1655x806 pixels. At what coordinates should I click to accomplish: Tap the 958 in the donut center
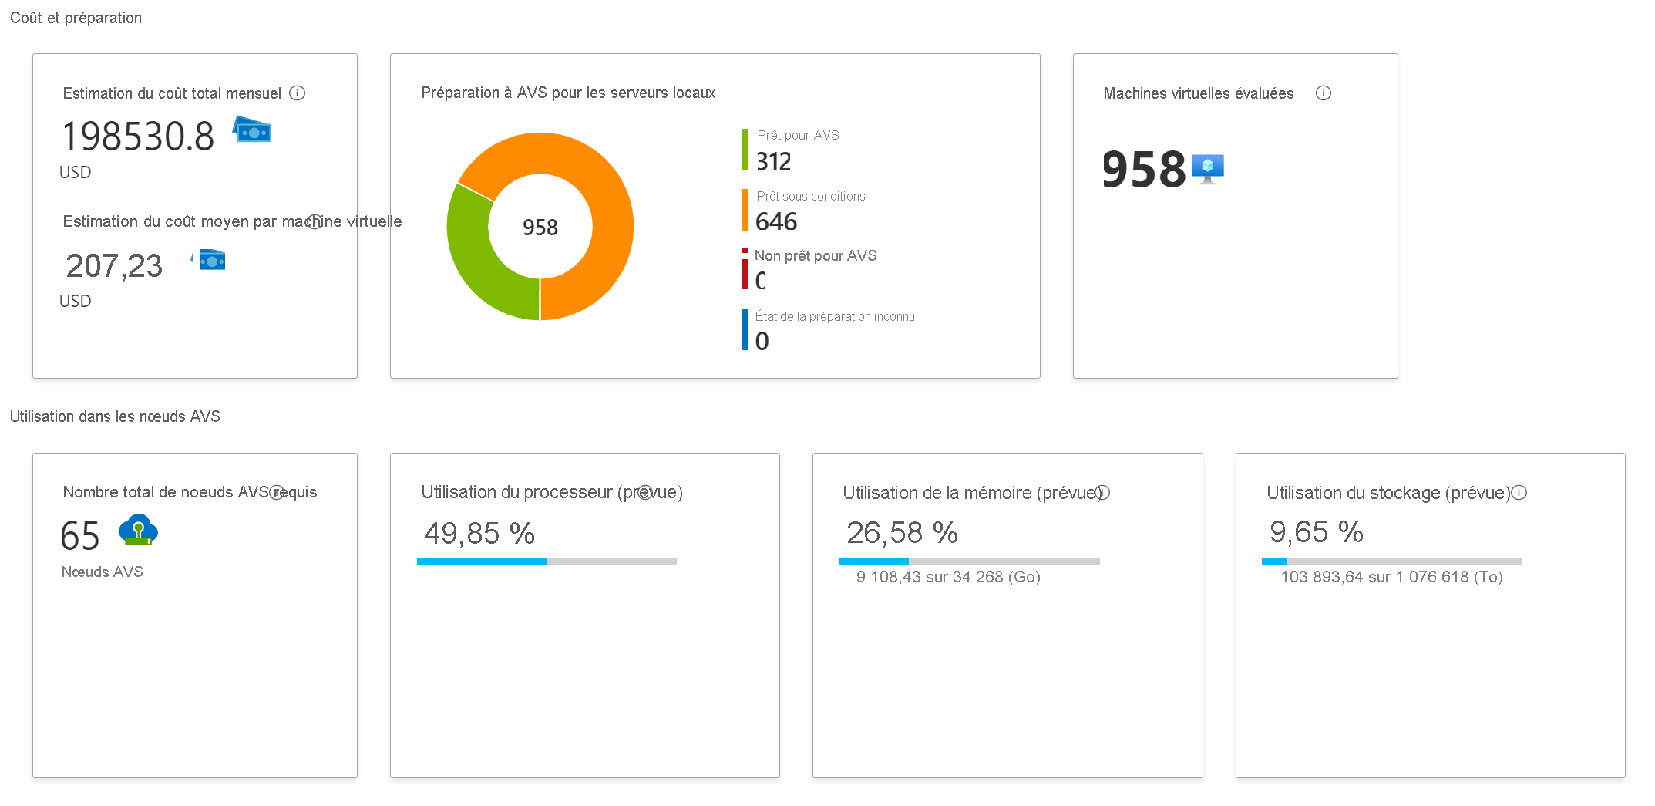click(540, 228)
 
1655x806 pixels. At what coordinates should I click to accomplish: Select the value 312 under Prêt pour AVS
click(774, 162)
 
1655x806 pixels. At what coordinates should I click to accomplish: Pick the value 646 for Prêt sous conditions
click(776, 222)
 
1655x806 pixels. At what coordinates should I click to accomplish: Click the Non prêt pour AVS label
click(816, 256)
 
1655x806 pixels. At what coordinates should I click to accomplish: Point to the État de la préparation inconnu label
click(835, 317)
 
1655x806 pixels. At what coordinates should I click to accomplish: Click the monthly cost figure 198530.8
click(139, 137)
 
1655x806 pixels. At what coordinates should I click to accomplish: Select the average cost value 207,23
click(114, 266)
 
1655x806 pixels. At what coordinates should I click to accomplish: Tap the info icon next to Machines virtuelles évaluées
click(1324, 93)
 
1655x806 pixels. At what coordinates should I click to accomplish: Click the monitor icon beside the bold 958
click(1208, 168)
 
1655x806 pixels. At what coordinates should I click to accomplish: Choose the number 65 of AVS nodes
click(80, 536)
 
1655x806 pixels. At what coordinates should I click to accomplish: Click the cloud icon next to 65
click(138, 530)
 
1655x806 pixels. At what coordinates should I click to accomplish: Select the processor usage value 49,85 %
click(479, 534)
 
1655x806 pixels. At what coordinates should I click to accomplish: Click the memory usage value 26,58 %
click(902, 533)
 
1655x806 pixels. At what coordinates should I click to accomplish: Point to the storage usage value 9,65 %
click(1317, 532)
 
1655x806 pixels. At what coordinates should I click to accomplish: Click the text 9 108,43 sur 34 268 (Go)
click(948, 577)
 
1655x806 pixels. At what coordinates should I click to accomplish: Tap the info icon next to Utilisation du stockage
click(1519, 493)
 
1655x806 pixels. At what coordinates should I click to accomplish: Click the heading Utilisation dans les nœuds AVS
click(115, 416)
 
